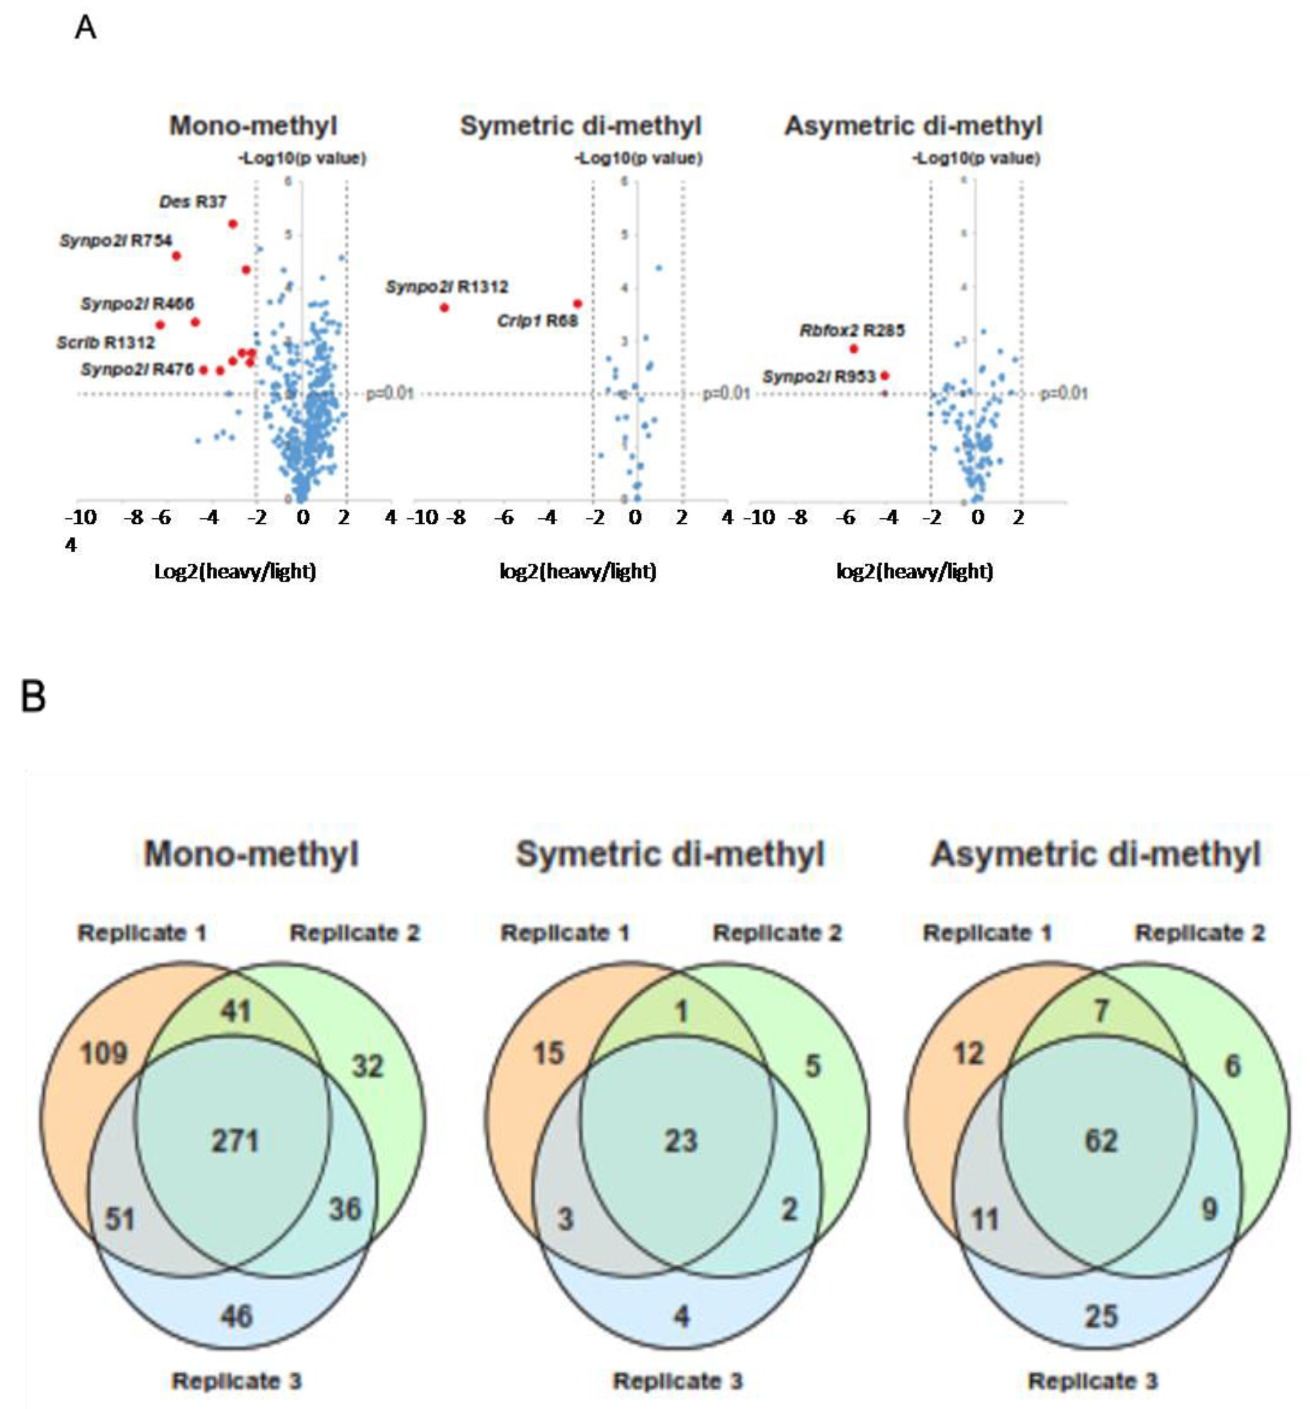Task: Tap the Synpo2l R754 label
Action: pyautogui.click(x=115, y=241)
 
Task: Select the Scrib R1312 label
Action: pyautogui.click(x=106, y=343)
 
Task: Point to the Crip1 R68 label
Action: pyautogui.click(x=537, y=321)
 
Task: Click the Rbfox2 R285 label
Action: pyautogui.click(x=852, y=330)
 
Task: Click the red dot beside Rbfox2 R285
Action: pyautogui.click(x=854, y=349)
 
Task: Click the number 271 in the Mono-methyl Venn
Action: pyautogui.click(x=235, y=1141)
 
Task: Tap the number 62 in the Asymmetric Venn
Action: pyautogui.click(x=1100, y=1141)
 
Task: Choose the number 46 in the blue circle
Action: pyautogui.click(x=236, y=1316)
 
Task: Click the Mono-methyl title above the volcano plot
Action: pyautogui.click(x=253, y=126)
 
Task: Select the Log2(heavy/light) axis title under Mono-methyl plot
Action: pyautogui.click(x=235, y=571)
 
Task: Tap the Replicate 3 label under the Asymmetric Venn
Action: pyautogui.click(x=1092, y=1381)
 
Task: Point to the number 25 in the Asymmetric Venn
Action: pyautogui.click(x=1100, y=1316)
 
